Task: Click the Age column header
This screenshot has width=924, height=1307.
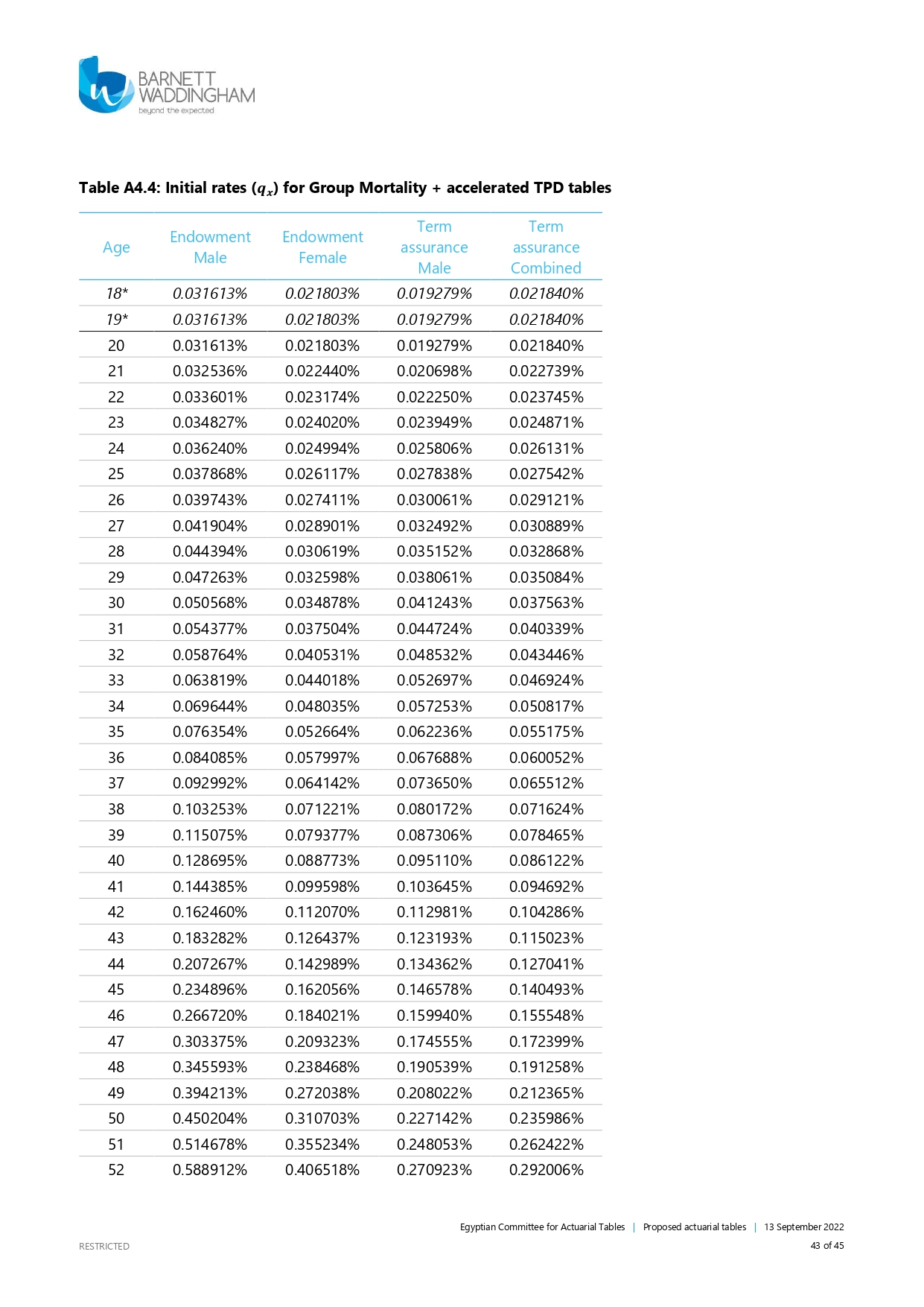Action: [116, 247]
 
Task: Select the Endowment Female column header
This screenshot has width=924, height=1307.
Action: [322, 247]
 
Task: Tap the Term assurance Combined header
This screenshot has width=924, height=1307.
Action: [546, 247]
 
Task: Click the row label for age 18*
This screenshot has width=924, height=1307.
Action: [117, 294]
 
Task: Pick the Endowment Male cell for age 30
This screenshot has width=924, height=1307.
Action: [210, 603]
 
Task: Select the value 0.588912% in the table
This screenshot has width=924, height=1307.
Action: [210, 1170]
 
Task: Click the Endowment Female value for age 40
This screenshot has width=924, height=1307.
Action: [322, 861]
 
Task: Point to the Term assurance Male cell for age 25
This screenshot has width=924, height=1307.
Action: [434, 474]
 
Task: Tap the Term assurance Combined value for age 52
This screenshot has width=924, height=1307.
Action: [546, 1170]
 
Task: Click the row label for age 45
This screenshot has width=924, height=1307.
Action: [116, 990]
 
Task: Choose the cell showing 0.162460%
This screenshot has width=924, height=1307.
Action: [210, 912]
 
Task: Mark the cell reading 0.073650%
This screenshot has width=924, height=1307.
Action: [434, 783]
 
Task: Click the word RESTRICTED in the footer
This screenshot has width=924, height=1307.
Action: [104, 1247]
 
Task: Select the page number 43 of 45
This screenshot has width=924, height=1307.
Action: [827, 1246]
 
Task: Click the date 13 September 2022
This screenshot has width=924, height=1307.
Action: [804, 1227]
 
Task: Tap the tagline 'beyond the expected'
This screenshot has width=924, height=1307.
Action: [176, 111]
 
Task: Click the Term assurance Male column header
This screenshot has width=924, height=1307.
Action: [434, 247]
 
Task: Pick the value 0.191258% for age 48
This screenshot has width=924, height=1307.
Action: [546, 1067]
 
